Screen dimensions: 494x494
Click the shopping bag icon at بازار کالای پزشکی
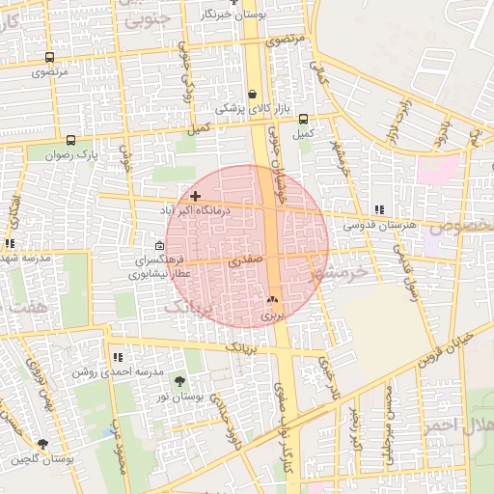[x=253, y=95]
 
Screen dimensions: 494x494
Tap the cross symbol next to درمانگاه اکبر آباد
[x=196, y=196]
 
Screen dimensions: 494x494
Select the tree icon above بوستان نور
[x=179, y=383]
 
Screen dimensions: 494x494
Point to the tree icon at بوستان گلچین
[x=42, y=445]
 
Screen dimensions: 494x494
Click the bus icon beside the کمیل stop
[x=304, y=120]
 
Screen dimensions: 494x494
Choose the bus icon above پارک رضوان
[x=69, y=141]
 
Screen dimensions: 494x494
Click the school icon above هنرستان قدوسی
[x=379, y=209]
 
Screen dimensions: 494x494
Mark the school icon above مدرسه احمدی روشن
[x=118, y=358]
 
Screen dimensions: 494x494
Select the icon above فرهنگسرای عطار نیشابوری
[x=160, y=246]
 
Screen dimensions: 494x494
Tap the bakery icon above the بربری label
[x=272, y=300]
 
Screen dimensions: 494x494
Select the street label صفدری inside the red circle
[x=245, y=261]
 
